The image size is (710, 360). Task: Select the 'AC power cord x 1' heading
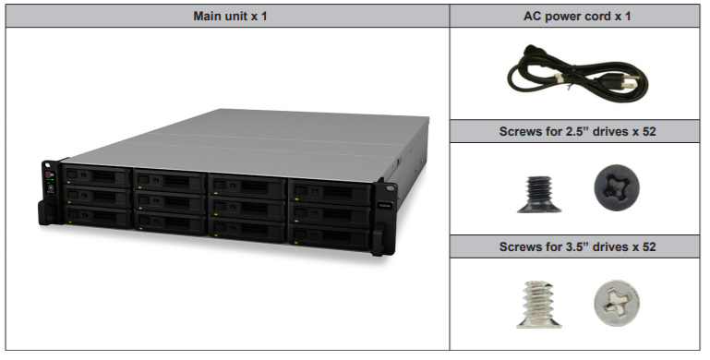tap(578, 16)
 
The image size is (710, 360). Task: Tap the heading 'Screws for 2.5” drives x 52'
tap(578, 131)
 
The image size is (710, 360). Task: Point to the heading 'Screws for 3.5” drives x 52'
tap(578, 246)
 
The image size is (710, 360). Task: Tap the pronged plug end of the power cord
tap(629, 81)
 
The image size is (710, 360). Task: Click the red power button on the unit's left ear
tap(50, 174)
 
